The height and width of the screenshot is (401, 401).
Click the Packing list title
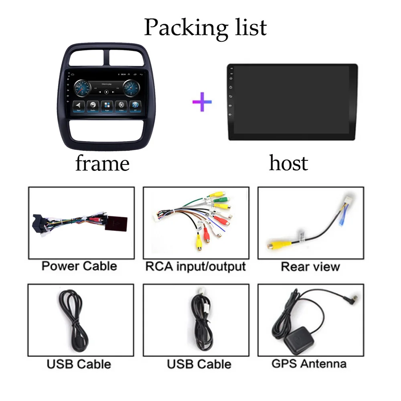click(205, 27)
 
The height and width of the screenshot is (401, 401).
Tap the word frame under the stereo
click(102, 163)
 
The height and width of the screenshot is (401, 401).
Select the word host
click(288, 163)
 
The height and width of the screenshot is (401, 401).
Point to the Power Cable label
click(79, 266)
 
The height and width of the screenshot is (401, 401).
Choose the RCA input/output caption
click(195, 266)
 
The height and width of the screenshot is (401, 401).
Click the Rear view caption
click(310, 267)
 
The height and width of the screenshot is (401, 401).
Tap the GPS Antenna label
click(309, 364)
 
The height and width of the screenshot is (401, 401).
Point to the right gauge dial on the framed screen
click(132, 87)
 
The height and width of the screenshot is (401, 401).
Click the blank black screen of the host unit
click(295, 102)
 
